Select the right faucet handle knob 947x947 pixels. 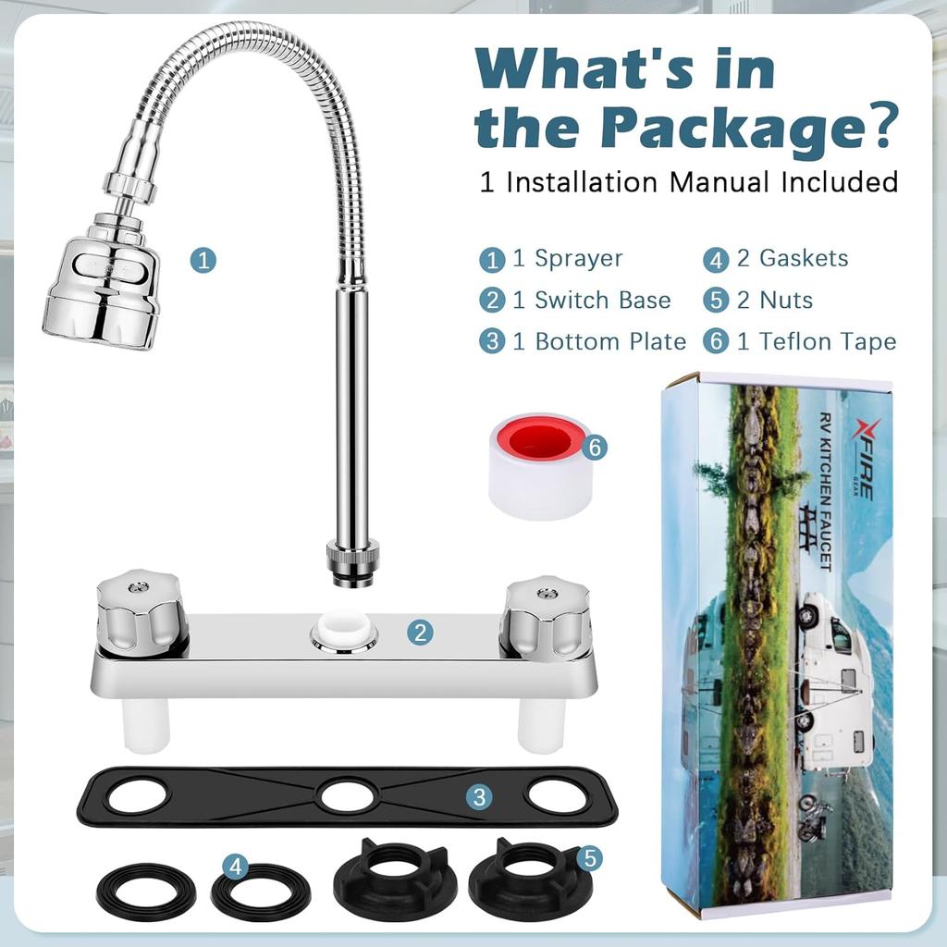point(546,615)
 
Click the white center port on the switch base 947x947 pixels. point(344,633)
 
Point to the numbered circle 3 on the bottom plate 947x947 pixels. point(478,796)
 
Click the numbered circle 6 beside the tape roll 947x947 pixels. point(595,448)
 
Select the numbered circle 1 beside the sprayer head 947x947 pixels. point(203,260)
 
